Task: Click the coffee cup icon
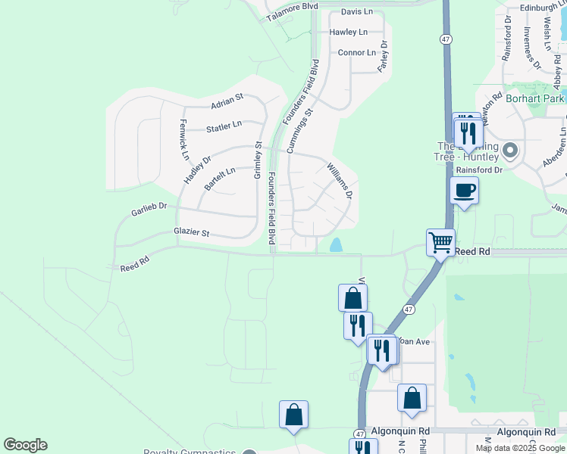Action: coord(464,190)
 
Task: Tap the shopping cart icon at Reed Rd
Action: coord(440,242)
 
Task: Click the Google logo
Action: coord(25,445)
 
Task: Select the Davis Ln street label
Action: coord(357,12)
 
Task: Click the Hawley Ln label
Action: coord(349,33)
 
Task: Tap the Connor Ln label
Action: coord(357,53)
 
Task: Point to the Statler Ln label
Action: coord(224,126)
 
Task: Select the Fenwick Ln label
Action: coord(184,139)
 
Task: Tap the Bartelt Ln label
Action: coord(220,176)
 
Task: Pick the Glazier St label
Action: coord(191,232)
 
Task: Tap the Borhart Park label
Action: coord(536,99)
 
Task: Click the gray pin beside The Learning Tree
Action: coord(509,151)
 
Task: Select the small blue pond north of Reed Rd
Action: coord(335,245)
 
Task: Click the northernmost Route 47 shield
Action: coord(446,39)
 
